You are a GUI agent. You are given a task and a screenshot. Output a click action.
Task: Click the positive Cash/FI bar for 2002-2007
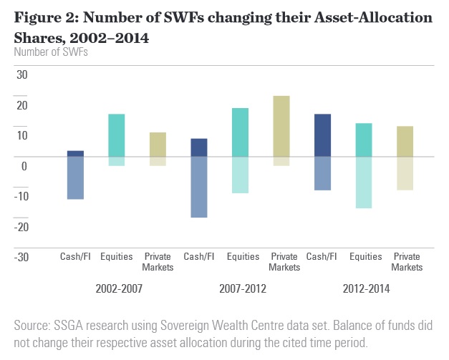coord(76,153)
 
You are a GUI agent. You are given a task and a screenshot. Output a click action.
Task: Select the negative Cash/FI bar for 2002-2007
coord(76,177)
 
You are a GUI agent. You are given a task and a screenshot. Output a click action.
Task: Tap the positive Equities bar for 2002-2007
coord(117,135)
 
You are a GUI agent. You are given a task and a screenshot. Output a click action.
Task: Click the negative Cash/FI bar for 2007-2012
coord(198,187)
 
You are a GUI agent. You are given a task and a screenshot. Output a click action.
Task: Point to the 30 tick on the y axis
coord(21,74)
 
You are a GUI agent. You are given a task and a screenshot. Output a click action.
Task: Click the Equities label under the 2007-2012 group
coord(239,257)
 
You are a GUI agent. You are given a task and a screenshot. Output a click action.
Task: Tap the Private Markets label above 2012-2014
coord(407,262)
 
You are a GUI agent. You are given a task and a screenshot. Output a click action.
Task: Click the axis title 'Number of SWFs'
coord(46,52)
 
